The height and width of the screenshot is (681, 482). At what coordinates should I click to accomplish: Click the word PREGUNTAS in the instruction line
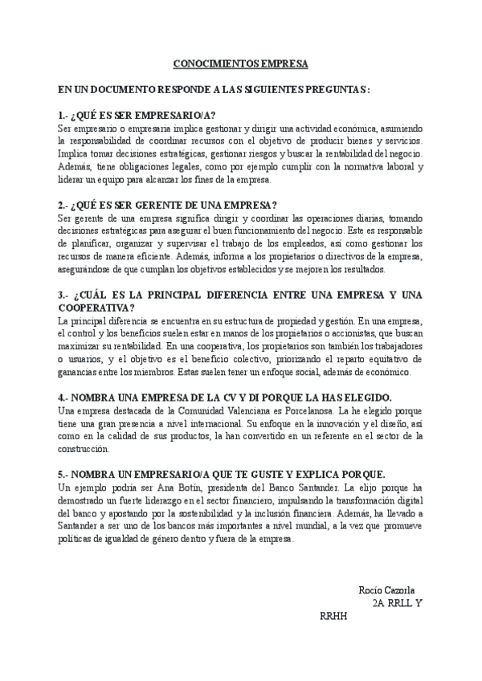point(333,90)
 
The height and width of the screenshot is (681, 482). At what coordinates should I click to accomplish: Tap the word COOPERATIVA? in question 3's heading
point(96,308)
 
